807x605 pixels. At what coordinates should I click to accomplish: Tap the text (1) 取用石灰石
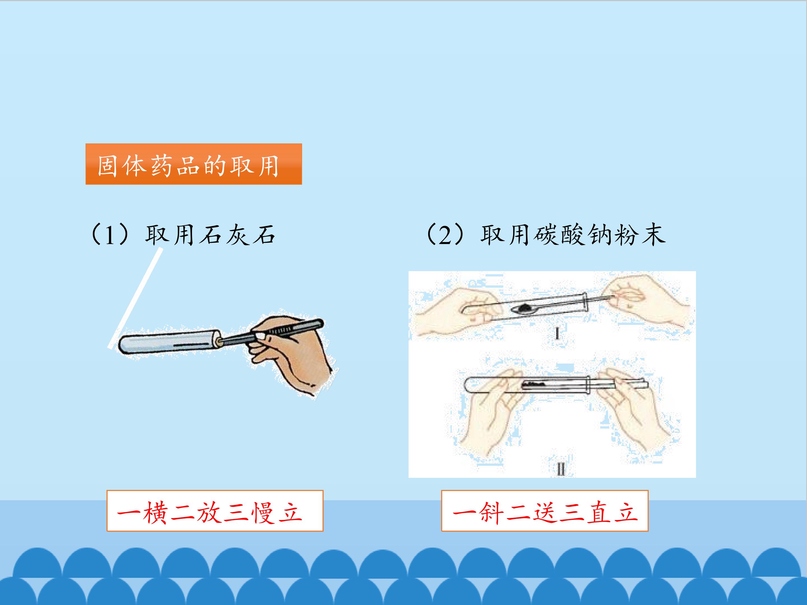181,234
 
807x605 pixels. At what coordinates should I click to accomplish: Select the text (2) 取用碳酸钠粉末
545,234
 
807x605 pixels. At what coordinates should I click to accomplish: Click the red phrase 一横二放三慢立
210,513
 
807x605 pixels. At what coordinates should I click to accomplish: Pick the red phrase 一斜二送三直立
545,513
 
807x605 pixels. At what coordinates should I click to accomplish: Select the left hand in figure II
489,412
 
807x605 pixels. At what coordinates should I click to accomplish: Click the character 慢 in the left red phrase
263,513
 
